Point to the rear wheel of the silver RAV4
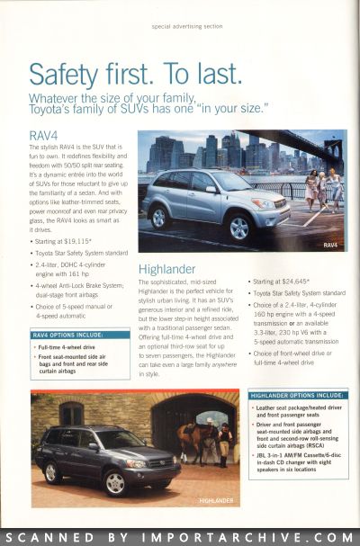click(x=159, y=217)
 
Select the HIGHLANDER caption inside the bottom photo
click(x=217, y=500)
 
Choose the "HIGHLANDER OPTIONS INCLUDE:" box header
click(x=297, y=395)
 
